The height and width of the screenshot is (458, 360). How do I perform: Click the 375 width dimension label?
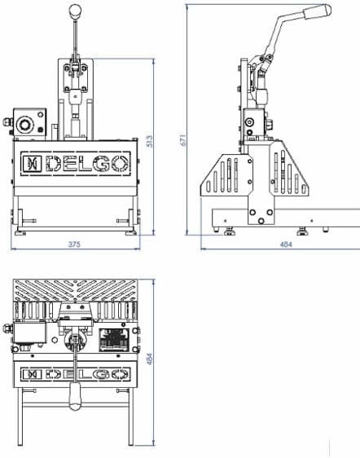[74, 244]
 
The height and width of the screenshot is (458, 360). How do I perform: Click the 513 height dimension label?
[149, 141]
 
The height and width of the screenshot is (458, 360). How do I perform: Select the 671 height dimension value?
[182, 140]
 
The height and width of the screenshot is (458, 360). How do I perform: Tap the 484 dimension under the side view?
[286, 244]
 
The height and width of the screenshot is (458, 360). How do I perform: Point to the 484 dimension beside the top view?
[149, 359]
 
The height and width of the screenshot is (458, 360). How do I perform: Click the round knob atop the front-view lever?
[75, 11]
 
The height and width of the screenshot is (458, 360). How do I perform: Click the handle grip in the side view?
[317, 11]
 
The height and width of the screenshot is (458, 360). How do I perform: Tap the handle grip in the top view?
[75, 396]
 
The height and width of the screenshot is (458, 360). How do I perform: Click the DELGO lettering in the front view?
[88, 163]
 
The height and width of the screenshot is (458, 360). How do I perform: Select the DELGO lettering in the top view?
[88, 374]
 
